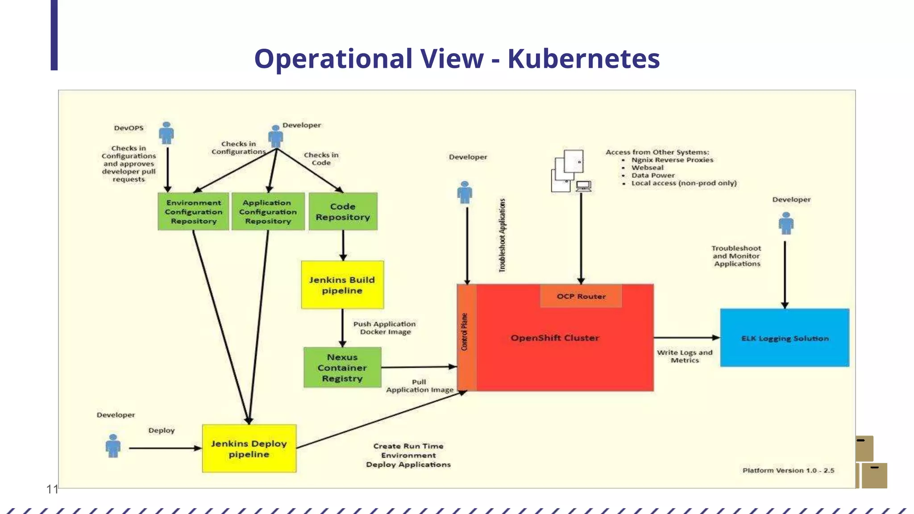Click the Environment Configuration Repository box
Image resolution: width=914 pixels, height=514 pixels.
pyautogui.click(x=193, y=211)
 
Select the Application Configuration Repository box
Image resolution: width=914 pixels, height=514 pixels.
pyautogui.click(x=268, y=211)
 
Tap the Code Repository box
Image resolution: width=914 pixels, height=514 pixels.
pyautogui.click(x=343, y=211)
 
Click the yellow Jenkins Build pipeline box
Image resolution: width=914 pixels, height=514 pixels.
pyautogui.click(x=342, y=285)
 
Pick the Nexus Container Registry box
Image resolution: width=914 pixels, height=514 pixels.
pyautogui.click(x=342, y=367)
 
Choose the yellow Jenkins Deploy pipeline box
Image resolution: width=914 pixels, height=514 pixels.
pyautogui.click(x=249, y=448)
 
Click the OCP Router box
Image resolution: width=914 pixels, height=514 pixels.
pyautogui.click(x=581, y=296)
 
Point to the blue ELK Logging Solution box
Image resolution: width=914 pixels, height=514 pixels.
pyautogui.click(x=785, y=338)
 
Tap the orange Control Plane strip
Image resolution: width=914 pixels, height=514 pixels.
pyautogui.click(x=466, y=338)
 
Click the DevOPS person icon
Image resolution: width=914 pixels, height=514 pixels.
pyautogui.click(x=166, y=133)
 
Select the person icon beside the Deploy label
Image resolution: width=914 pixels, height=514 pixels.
pyautogui.click(x=113, y=446)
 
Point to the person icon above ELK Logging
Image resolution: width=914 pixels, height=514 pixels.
pyautogui.click(x=786, y=223)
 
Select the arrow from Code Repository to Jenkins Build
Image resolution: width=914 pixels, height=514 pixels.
pyautogui.click(x=343, y=245)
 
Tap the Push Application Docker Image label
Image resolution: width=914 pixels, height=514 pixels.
pyautogui.click(x=385, y=328)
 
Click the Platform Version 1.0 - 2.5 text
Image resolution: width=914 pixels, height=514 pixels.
pyautogui.click(x=788, y=470)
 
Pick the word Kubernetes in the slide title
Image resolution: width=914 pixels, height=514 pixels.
pyautogui.click(x=583, y=58)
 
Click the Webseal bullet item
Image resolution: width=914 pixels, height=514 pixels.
pyautogui.click(x=647, y=168)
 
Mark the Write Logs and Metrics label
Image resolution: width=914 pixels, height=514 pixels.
pyautogui.click(x=685, y=356)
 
